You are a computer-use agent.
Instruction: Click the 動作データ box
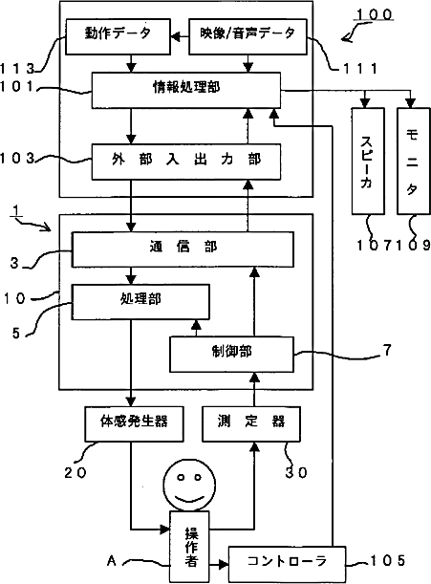click(118, 36)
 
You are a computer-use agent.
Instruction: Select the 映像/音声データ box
click(248, 36)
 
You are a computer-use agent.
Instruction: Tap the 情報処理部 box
click(186, 90)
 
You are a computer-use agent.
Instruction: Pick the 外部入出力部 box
click(186, 162)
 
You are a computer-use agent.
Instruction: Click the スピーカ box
click(368, 161)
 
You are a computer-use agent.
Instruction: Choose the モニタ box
click(413, 161)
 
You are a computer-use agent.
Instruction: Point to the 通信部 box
click(183, 249)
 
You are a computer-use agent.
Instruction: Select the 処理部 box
click(140, 302)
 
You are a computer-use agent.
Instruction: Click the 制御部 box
click(231, 355)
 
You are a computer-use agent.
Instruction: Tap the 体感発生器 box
click(134, 423)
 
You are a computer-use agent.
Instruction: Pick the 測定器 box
click(251, 423)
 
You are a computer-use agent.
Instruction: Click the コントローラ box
click(287, 564)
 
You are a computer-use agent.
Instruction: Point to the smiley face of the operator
click(189, 485)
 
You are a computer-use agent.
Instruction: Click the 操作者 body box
click(189, 547)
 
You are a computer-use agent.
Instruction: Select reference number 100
click(374, 15)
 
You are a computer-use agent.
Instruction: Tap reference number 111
click(360, 69)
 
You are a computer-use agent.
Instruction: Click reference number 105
click(387, 560)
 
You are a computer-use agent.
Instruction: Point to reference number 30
click(296, 472)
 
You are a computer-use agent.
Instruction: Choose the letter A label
click(112, 560)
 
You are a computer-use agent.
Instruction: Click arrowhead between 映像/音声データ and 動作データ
click(175, 36)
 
